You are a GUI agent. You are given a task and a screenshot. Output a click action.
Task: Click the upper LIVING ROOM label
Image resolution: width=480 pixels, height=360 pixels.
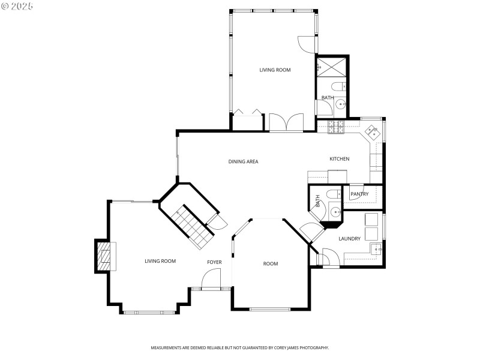point(275,70)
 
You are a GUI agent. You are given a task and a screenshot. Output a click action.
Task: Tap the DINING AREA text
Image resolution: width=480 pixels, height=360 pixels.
point(243,161)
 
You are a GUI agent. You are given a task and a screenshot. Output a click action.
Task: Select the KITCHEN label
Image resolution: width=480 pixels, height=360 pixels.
point(339,159)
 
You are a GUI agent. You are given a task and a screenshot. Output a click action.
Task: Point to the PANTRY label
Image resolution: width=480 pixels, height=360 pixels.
point(359,194)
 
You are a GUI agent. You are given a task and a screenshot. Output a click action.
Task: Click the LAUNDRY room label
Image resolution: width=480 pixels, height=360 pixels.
point(349,239)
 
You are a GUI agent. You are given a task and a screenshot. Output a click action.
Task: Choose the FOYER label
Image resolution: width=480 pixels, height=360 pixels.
point(214,262)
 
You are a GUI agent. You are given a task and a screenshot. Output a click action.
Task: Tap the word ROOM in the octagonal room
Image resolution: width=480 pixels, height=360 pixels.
point(271,263)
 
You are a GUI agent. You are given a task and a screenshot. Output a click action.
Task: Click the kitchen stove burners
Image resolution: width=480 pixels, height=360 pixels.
point(334,127)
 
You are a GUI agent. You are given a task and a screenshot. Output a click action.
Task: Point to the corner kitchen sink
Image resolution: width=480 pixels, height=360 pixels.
point(373,131)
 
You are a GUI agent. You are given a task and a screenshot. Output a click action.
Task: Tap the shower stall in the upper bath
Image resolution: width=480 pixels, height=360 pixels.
point(332,67)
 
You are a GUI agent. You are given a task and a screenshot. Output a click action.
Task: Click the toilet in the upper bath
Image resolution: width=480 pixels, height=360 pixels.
point(337,85)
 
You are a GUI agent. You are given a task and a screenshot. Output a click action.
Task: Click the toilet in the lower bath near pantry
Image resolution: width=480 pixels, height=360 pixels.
point(331,194)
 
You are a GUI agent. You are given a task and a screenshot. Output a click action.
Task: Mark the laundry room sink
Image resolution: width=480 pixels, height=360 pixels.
point(377,248)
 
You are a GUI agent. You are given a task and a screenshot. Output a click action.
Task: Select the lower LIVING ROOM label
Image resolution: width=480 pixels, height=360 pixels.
point(160,261)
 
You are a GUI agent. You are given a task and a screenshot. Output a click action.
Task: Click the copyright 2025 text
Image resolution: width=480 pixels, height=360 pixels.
point(17,5)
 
